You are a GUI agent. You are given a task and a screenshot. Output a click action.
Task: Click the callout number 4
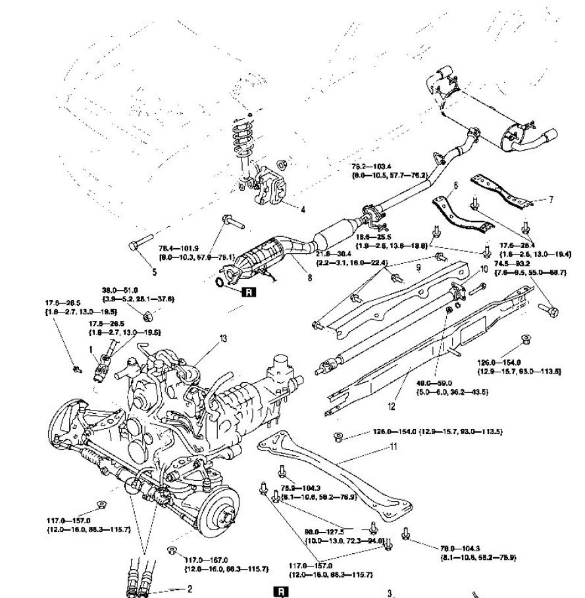tap(303, 211)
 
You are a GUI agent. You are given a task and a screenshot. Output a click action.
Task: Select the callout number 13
tap(223, 338)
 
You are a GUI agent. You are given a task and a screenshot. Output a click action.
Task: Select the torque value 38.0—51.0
tap(120, 289)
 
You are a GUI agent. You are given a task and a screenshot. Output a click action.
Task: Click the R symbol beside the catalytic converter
tap(247, 292)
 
